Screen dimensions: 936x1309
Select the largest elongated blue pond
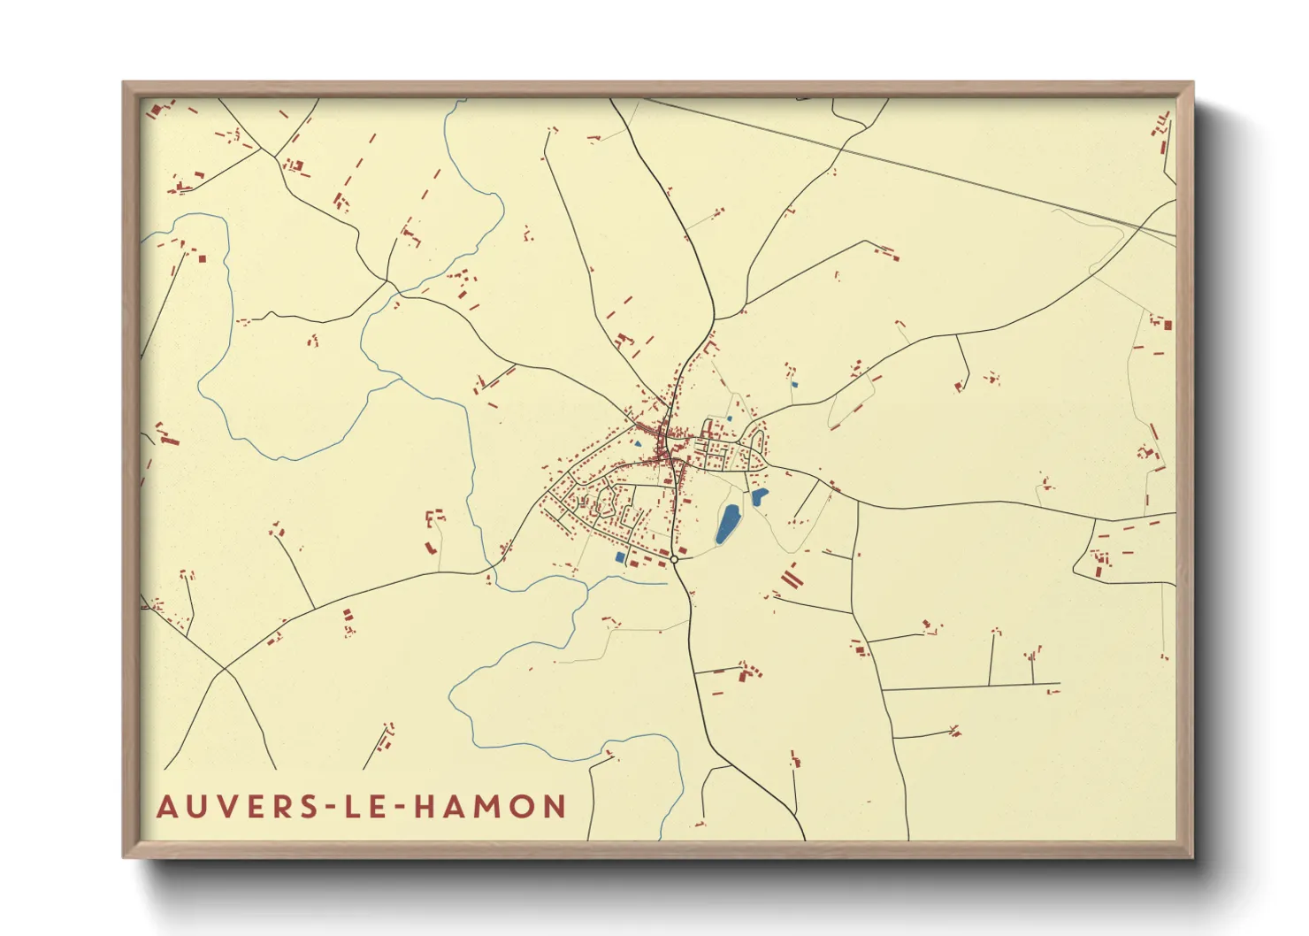coord(727,524)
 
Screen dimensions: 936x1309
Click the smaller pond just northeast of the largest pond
coord(759,497)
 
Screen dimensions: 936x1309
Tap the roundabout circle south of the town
coord(674,559)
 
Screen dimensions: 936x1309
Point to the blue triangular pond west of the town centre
coord(637,443)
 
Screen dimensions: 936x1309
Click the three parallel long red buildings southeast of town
coord(790,576)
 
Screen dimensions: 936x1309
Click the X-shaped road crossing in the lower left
coord(227,671)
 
